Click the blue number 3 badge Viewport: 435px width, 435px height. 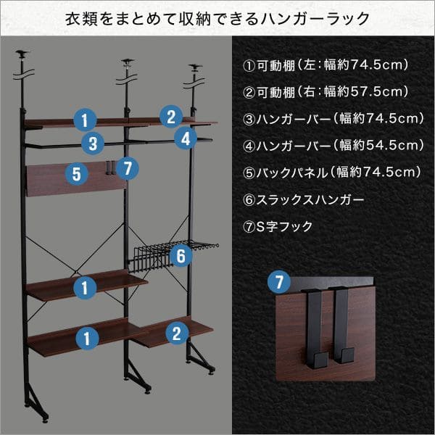93,144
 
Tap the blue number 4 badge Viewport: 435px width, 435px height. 186,138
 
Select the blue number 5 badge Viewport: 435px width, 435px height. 77,174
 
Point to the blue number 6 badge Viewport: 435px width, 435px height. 181,255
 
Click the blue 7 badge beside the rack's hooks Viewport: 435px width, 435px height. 128,168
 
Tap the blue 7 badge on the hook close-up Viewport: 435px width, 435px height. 279,282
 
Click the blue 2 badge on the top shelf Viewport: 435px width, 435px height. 171,117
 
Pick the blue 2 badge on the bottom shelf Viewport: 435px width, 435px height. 177,333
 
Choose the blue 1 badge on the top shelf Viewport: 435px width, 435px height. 85,120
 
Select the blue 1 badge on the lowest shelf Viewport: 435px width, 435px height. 87,338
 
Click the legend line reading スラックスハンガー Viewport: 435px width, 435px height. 303,200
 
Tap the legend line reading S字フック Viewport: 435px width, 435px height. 278,227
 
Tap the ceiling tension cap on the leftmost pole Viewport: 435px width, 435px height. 22,52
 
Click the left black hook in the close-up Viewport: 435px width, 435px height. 315,328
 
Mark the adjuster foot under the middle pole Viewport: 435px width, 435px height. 147,391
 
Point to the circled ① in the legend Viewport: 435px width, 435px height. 249,66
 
